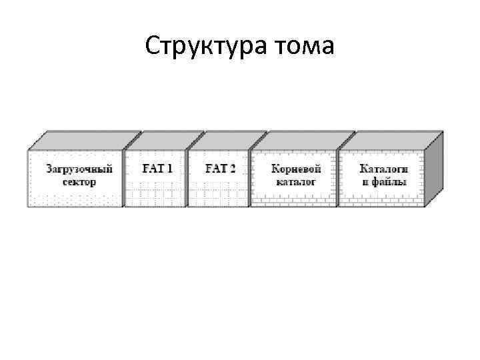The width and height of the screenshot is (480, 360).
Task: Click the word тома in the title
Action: tap(304, 47)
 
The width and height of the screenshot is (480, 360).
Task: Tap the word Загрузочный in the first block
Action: tap(79, 169)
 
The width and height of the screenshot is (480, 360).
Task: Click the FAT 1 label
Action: tap(157, 169)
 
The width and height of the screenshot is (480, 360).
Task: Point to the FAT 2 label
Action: tap(220, 169)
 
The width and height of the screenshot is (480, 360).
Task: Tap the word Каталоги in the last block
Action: tap(383, 169)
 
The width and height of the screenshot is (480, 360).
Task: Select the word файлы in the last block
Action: tap(388, 181)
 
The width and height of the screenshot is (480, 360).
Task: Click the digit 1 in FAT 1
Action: tap(170, 169)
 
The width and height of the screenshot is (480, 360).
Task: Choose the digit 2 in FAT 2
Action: tap(233, 169)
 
